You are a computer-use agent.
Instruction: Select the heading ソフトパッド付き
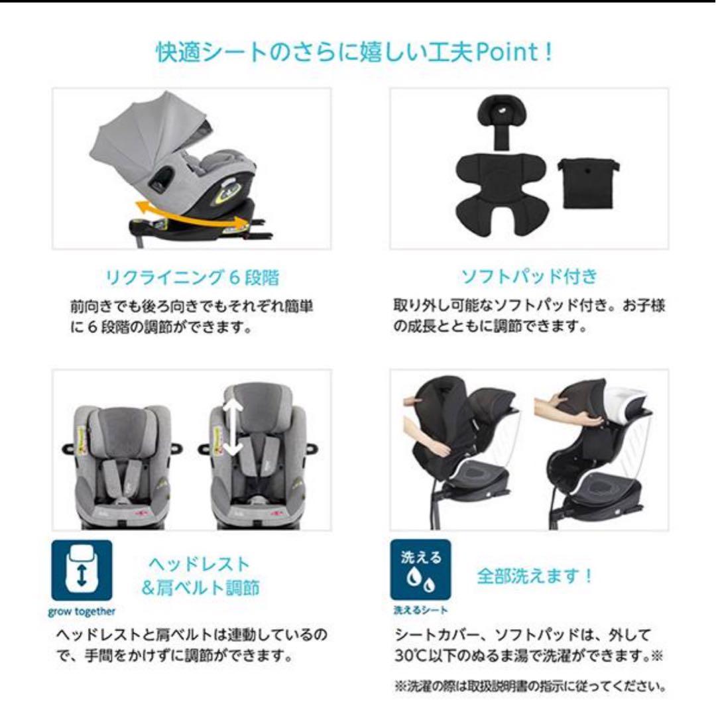click(x=529, y=276)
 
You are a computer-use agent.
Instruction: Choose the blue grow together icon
click(x=82, y=570)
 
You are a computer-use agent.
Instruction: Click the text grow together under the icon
click(x=82, y=611)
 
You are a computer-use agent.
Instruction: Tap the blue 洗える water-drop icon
click(x=420, y=570)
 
